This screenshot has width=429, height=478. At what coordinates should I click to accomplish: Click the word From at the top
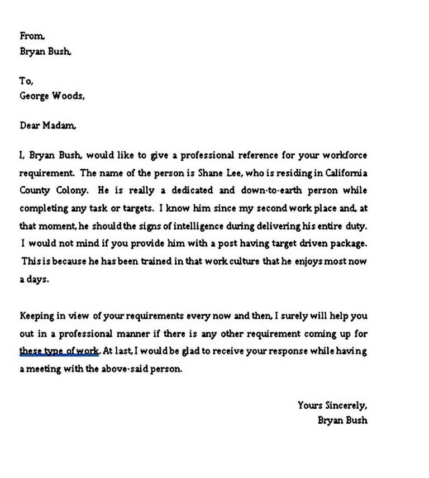click(31, 36)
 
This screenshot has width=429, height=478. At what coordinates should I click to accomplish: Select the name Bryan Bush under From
click(45, 51)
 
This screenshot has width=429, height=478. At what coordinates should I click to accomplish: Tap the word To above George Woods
click(26, 80)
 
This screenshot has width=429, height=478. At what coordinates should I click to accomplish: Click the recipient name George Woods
click(52, 95)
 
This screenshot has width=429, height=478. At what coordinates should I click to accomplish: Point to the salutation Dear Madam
click(47, 126)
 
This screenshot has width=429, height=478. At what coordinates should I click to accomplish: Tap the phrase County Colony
click(54, 190)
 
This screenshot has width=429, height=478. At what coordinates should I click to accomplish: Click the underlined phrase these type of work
click(59, 351)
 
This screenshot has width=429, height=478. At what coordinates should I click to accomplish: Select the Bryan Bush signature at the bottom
click(342, 420)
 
